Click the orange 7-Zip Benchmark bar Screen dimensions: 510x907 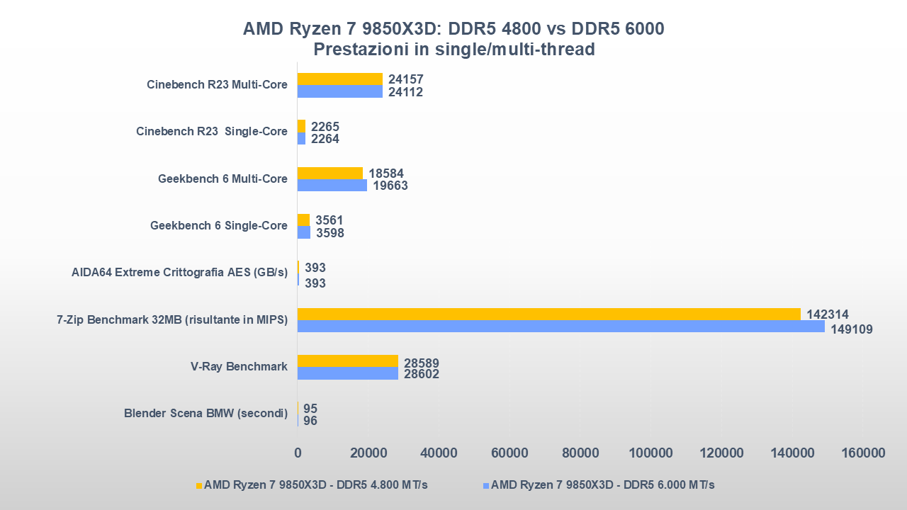[548, 314]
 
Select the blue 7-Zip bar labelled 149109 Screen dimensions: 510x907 [560, 327]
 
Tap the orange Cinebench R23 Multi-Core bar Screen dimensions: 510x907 [339, 79]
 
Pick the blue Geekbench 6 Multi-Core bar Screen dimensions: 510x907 [332, 186]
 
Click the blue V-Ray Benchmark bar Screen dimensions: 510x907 [347, 373]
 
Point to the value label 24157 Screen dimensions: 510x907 [406, 79]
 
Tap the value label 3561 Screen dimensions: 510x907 [329, 220]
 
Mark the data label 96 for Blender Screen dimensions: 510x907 [310, 421]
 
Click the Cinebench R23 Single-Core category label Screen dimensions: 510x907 [212, 132]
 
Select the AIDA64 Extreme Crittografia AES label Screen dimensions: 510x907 [179, 273]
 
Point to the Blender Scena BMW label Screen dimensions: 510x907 [205, 414]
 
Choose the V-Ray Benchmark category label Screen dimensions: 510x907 [239, 367]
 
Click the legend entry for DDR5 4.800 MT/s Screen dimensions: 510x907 [315, 485]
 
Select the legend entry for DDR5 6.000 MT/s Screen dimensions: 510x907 [602, 485]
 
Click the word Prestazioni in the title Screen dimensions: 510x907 [360, 50]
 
